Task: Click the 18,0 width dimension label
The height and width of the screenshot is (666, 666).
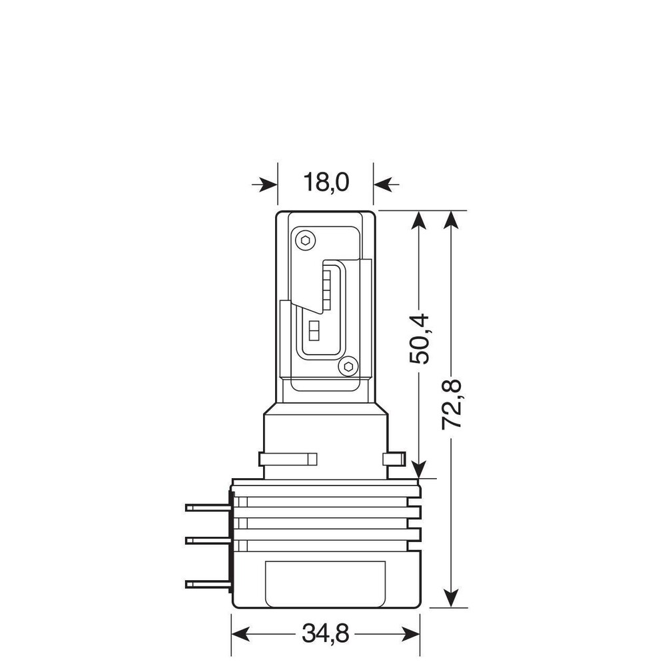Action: coord(326,182)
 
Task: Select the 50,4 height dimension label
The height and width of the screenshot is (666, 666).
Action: coord(420,339)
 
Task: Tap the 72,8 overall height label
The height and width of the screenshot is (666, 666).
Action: coord(452,404)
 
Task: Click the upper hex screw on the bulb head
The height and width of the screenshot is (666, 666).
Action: coord(305,241)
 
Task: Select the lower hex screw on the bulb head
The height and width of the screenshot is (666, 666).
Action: coord(348,366)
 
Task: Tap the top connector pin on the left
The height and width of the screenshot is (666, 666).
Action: coord(208,507)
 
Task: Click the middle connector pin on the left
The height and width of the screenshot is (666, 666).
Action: coord(208,541)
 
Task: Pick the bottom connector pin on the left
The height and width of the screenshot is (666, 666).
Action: coord(208,585)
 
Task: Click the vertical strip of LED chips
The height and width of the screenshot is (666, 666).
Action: coord(326,286)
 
